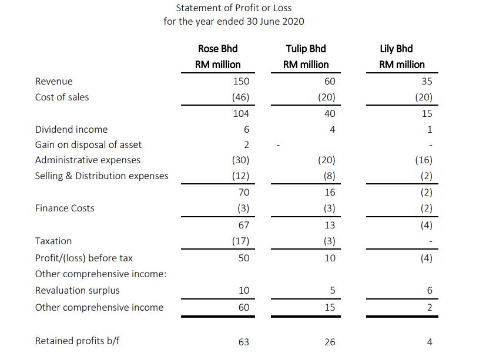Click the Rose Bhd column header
click(x=217, y=49)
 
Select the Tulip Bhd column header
click(x=306, y=49)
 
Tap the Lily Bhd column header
click(x=396, y=49)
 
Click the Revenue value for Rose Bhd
click(x=241, y=81)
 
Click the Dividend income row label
click(x=71, y=129)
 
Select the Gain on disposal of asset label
click(x=88, y=144)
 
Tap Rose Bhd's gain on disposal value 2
click(x=246, y=145)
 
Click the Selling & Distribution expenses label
click(x=102, y=176)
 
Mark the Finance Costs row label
click(x=65, y=208)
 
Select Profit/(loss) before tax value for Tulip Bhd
click(x=330, y=258)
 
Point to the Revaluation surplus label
click(x=77, y=290)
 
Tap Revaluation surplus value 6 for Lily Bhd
click(x=430, y=290)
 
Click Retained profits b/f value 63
click(x=243, y=342)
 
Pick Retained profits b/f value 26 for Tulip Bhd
click(x=330, y=342)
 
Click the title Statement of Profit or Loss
click(x=234, y=8)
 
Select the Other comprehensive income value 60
click(x=243, y=307)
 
